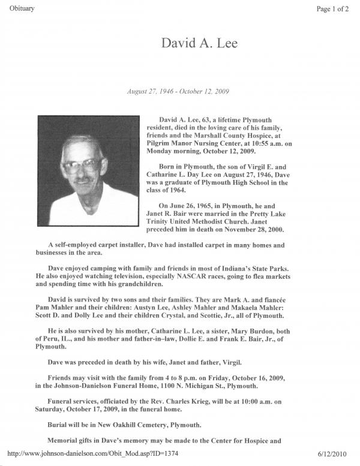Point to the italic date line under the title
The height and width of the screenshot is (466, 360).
pos(178,91)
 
